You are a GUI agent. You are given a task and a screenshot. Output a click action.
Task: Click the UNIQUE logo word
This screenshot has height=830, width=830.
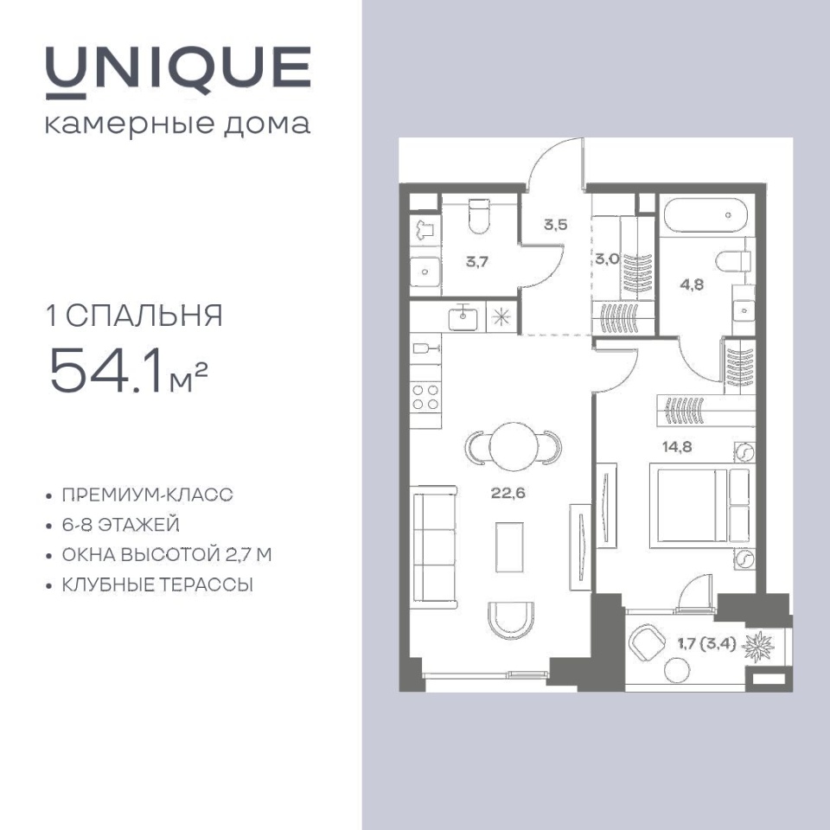click(x=178, y=72)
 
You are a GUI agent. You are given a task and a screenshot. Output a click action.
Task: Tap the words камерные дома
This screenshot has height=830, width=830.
click(x=178, y=124)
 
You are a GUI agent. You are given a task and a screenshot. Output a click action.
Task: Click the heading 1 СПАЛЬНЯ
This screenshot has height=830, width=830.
click(x=135, y=316)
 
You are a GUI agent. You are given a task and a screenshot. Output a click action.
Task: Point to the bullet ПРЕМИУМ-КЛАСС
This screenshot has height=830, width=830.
click(x=147, y=495)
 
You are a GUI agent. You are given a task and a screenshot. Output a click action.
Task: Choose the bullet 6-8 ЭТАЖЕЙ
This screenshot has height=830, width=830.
click(x=121, y=525)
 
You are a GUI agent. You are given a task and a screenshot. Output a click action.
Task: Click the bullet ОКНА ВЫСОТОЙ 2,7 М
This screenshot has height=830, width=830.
click(x=167, y=555)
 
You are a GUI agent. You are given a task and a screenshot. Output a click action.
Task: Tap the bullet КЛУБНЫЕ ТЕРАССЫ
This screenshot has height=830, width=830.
click(x=157, y=585)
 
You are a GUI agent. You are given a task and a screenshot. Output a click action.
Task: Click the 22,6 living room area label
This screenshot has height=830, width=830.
click(x=508, y=493)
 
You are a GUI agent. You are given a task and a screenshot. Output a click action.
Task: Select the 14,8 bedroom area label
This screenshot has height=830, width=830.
click(x=677, y=447)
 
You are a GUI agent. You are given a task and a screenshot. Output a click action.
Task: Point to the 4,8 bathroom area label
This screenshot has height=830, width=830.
click(x=692, y=284)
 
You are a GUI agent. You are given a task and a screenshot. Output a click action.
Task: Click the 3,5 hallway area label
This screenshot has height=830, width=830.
click(x=555, y=225)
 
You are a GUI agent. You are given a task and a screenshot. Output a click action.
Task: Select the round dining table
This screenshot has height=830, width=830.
click(x=514, y=446)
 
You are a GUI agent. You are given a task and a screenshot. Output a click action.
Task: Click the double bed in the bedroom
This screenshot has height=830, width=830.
click(x=699, y=506)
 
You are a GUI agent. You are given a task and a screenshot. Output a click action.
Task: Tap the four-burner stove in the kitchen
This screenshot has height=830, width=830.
click(x=425, y=398)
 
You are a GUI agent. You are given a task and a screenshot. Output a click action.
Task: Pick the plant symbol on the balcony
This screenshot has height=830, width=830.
click(x=758, y=647)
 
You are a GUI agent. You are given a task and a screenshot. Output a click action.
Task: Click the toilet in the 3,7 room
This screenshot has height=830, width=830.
click(x=480, y=216)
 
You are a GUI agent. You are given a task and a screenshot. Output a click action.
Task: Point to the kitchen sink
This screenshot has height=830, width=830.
click(x=463, y=317)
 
